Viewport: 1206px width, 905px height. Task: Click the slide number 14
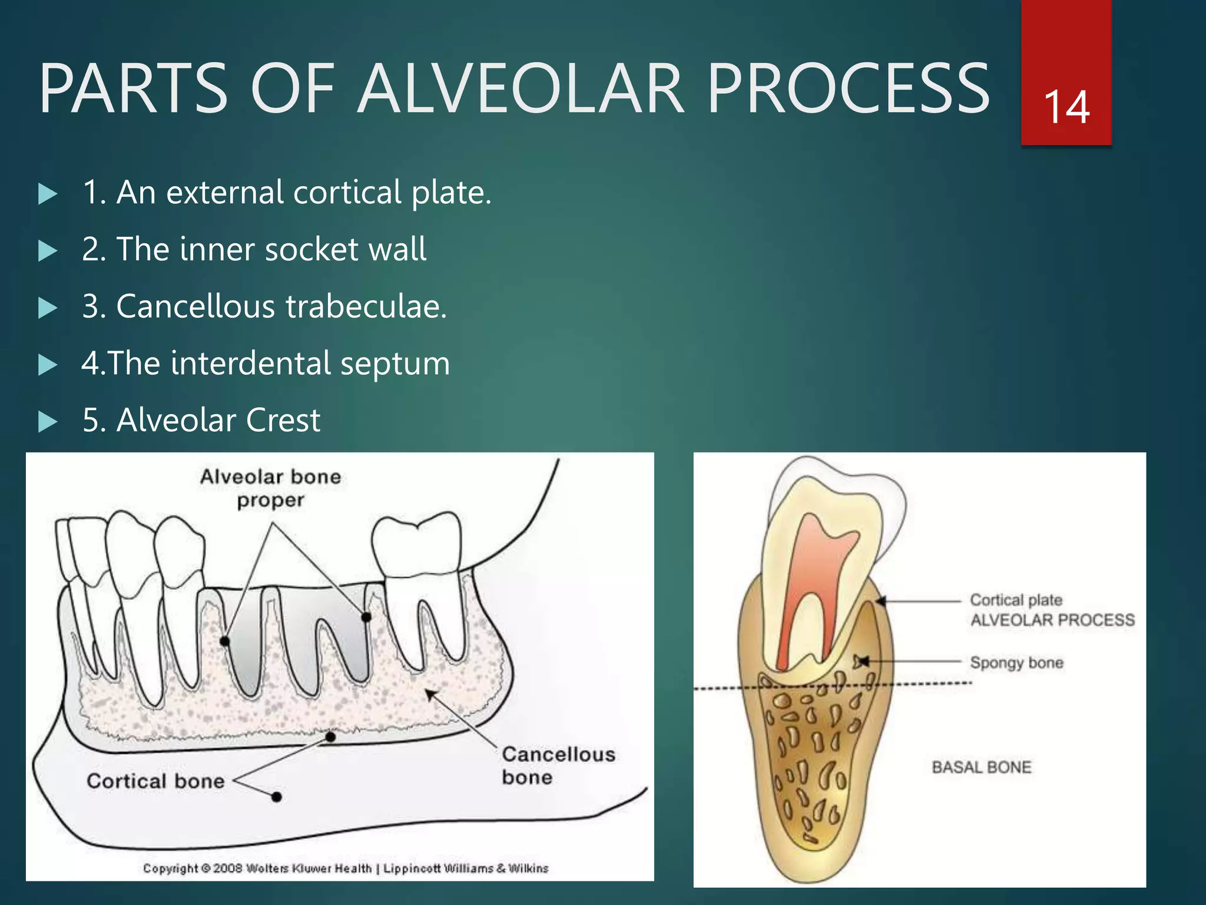(x=1066, y=107)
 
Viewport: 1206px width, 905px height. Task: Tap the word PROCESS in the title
(x=848, y=90)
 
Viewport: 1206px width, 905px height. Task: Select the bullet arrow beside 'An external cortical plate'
(x=48, y=194)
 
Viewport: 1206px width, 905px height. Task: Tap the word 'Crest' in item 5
(x=283, y=420)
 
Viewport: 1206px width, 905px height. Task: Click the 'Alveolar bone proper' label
(x=270, y=488)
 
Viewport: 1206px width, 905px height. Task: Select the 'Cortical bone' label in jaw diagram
(x=155, y=781)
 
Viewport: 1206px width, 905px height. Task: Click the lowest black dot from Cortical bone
(x=276, y=797)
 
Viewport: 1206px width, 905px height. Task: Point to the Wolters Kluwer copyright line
(x=345, y=868)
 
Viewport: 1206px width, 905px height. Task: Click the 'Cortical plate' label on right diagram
(x=1016, y=600)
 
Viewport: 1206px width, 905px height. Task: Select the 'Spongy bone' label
(x=1016, y=662)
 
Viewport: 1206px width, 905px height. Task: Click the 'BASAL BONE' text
(x=982, y=767)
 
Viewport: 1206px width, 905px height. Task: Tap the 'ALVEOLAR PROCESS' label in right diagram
(x=1052, y=620)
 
